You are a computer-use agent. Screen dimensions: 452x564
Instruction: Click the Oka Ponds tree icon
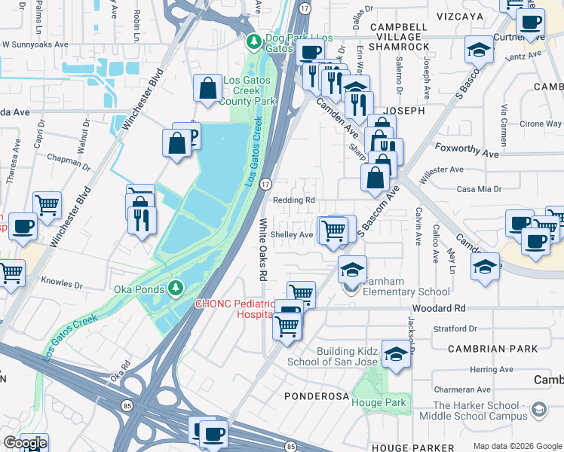[x=175, y=288]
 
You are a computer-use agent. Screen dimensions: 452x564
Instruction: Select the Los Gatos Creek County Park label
[x=248, y=90]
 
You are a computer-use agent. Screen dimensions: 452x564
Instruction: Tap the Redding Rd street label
[x=293, y=200]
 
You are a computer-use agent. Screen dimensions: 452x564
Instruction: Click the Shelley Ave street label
[x=292, y=234]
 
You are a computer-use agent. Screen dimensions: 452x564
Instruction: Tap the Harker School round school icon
[x=538, y=409]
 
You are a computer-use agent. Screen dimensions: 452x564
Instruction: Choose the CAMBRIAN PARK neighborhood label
[x=492, y=349]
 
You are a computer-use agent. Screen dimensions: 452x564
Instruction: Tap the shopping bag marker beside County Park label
[x=207, y=87]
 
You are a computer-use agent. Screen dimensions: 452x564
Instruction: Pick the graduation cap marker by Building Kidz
[x=396, y=354]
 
